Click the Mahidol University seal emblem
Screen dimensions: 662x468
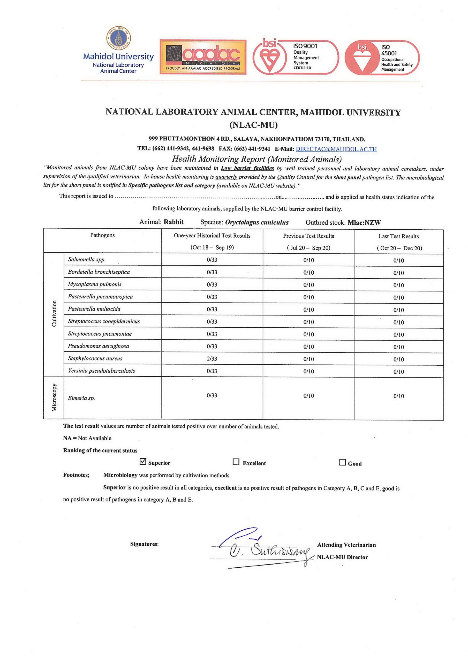(x=118, y=38)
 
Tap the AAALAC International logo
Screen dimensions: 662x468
(x=203, y=57)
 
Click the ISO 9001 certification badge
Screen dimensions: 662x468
(x=296, y=57)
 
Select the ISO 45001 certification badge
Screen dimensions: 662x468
(x=382, y=58)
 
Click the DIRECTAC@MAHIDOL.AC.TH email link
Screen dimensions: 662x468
(x=336, y=149)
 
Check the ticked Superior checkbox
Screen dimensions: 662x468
(x=143, y=462)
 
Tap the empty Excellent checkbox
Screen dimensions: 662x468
(x=236, y=462)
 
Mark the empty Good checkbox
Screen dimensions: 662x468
(x=342, y=462)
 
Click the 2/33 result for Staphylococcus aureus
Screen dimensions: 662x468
(x=212, y=359)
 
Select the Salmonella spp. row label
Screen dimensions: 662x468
(x=87, y=259)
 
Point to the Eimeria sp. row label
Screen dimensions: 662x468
(x=82, y=398)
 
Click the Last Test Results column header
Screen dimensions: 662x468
(x=398, y=236)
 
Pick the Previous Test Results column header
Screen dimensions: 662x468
(x=308, y=236)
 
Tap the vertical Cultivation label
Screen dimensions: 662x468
(x=54, y=313)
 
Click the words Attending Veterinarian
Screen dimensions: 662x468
(x=346, y=545)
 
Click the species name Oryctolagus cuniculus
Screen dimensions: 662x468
(x=257, y=222)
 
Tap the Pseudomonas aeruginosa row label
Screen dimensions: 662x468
(x=98, y=346)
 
